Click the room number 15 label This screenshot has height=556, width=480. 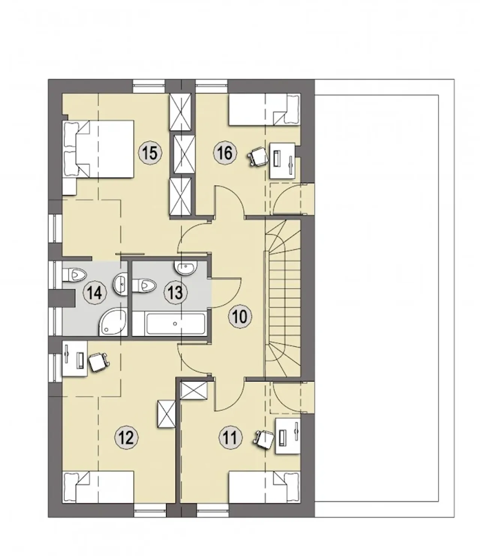pos(150,153)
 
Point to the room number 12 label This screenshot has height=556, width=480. pos(126,438)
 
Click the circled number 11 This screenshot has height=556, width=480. pos(230,438)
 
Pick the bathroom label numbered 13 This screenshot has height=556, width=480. pos(175,293)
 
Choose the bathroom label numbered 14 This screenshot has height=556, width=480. pos(95,293)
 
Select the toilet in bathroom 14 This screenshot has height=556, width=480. pos(74,275)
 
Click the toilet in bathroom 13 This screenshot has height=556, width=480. pos(144,286)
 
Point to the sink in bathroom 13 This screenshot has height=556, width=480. pos(186,267)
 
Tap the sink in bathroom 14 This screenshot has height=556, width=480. pos(120,284)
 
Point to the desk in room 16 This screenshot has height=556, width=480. pos(282,160)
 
